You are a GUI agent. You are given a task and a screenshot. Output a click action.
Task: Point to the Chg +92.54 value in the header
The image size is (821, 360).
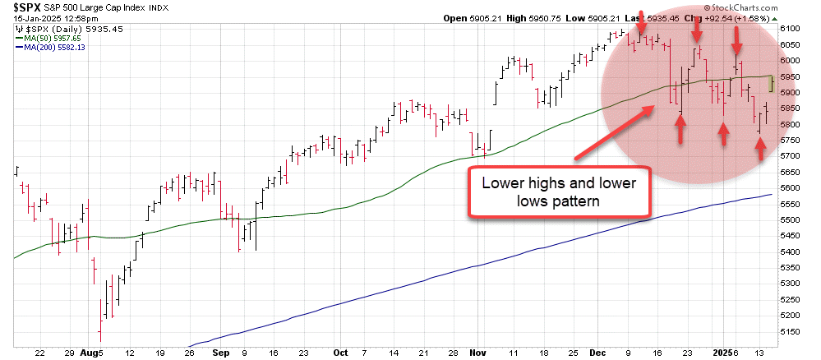coord(718,17)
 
